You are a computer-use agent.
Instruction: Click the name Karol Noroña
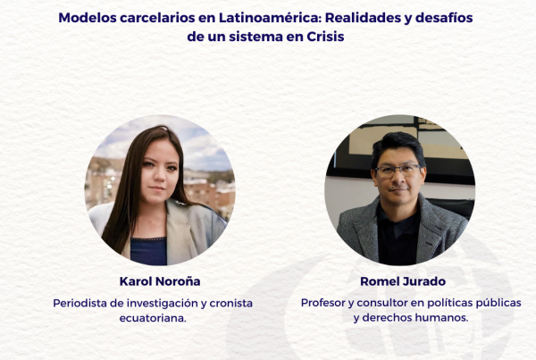160,281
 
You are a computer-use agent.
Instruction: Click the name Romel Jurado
403,281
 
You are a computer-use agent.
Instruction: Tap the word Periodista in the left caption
80,303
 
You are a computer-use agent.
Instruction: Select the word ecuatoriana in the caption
152,318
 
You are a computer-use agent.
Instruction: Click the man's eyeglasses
399,170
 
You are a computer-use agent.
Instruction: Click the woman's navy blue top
148,251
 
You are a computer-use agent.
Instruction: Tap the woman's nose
160,176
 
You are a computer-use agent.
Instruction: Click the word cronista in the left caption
230,303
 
